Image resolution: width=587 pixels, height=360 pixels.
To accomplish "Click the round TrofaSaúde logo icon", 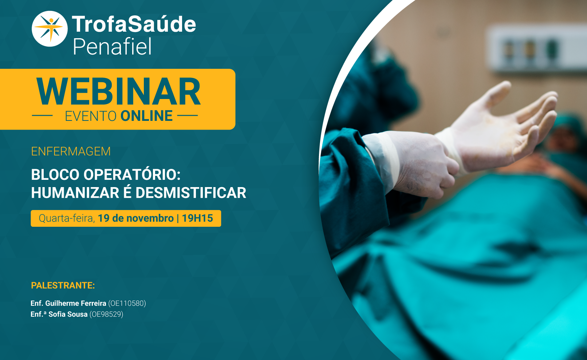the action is coord(50,29).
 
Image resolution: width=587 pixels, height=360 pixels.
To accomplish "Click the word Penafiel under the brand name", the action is coord(112,46).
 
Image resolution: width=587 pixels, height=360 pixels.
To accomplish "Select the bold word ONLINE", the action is coord(146,116).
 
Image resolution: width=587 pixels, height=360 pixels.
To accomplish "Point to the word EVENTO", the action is coord(91,116).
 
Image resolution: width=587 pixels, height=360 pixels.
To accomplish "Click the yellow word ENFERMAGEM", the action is coord(71,151).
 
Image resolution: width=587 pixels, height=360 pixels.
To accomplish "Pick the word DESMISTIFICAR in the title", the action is coord(191,193).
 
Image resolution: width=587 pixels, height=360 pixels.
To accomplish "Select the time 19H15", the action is coord(197,218).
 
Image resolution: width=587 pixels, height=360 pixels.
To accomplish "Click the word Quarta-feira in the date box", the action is coord(67,218).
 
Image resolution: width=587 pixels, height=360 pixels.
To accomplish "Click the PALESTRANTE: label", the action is coord(63,285).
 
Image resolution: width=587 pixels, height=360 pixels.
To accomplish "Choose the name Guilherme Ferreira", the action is coord(76,303).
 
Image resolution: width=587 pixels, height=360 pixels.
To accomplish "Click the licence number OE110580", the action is coord(127,304).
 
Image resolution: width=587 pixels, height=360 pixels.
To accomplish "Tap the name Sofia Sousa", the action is coord(68,314).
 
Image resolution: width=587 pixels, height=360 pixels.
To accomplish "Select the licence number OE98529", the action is coord(106,314).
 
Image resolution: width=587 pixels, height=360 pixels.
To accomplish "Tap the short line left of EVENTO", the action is coord(42,115).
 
